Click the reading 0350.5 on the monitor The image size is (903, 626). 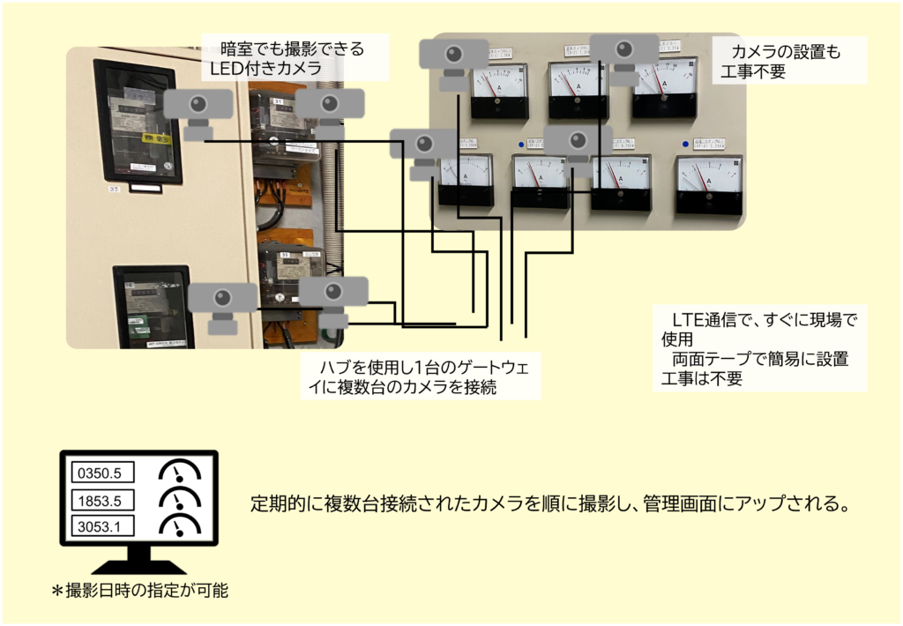[100, 473]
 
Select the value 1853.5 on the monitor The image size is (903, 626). [100, 501]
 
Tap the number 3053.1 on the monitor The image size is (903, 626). [100, 528]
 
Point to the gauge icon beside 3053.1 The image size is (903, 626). [180, 526]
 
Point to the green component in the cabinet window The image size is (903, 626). [138, 324]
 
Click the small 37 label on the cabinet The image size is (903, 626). [114, 189]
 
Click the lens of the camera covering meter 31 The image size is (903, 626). [328, 102]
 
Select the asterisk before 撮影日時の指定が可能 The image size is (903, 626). [57, 592]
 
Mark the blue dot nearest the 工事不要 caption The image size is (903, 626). [685, 144]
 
